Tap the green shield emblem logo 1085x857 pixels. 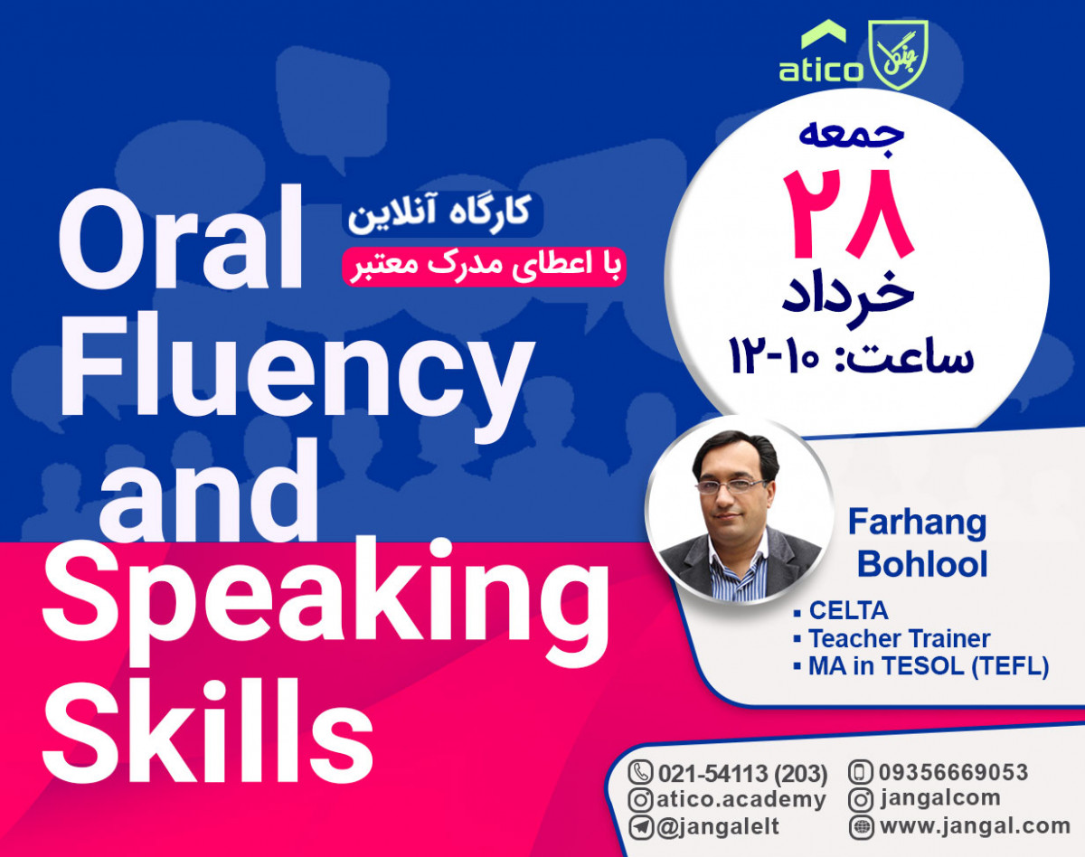(x=892, y=55)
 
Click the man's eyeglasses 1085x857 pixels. (x=733, y=486)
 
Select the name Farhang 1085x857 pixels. (x=917, y=523)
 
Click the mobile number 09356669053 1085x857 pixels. (x=949, y=773)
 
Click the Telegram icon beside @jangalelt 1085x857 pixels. (x=640, y=826)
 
